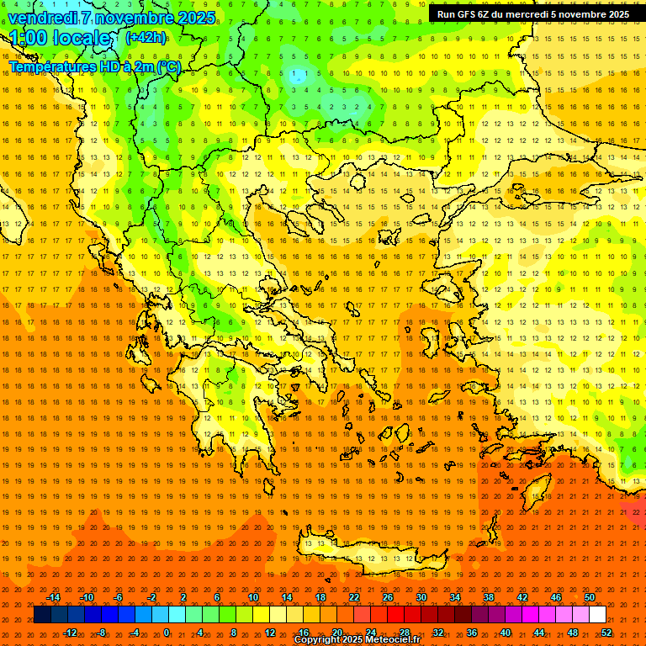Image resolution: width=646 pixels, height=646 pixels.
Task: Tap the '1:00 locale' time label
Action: pyautogui.click(x=60, y=38)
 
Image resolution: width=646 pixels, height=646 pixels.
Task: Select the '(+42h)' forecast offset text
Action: pyautogui.click(x=146, y=37)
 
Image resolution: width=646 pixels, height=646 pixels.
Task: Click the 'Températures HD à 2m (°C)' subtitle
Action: pyautogui.click(x=94, y=66)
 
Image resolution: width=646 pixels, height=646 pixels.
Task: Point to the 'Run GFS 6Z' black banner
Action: pyautogui.click(x=533, y=13)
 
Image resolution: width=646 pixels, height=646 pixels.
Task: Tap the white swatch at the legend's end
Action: pyautogui.click(x=597, y=615)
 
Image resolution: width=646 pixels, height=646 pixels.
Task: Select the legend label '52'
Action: pyautogui.click(x=606, y=632)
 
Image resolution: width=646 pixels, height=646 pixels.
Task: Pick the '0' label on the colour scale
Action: pyautogui.click(x=166, y=632)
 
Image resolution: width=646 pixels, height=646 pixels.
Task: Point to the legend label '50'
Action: pyautogui.click(x=589, y=597)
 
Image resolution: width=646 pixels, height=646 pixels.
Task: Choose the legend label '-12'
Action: pyautogui.click(x=71, y=632)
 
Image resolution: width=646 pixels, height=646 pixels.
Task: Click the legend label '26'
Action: pyautogui.click(x=387, y=597)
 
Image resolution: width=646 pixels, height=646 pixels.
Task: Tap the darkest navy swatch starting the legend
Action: pyautogui.click(x=42, y=615)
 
